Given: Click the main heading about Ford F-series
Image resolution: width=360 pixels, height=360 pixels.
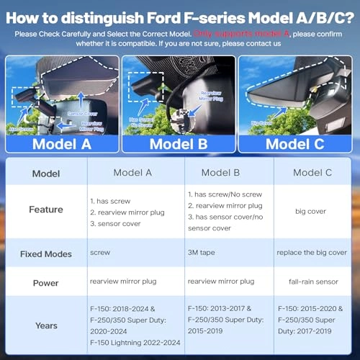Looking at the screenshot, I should [179, 14].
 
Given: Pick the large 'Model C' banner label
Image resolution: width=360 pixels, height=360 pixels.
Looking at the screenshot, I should [295, 143].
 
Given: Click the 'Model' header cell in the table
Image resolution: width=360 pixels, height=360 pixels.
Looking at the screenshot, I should [46, 173].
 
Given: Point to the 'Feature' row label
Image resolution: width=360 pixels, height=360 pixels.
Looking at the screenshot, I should [46, 210].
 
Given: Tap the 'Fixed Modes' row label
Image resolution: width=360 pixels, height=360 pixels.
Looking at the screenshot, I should [46, 253].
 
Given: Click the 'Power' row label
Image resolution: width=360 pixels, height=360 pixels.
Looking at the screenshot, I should [46, 282].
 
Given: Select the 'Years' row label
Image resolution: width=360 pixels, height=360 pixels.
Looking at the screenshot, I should [46, 325].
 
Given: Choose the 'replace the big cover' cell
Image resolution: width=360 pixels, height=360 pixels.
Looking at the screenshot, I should [312, 253].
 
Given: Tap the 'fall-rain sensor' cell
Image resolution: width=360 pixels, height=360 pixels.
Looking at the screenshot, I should [312, 282].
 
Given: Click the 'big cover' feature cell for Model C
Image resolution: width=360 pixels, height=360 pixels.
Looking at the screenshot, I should [312, 210].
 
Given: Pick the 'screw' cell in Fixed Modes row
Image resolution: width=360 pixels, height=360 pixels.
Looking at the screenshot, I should [100, 253].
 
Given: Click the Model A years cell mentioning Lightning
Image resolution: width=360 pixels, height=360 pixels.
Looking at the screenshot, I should [134, 325].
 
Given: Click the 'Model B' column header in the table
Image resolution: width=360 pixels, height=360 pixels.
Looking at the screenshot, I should [225, 173].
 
